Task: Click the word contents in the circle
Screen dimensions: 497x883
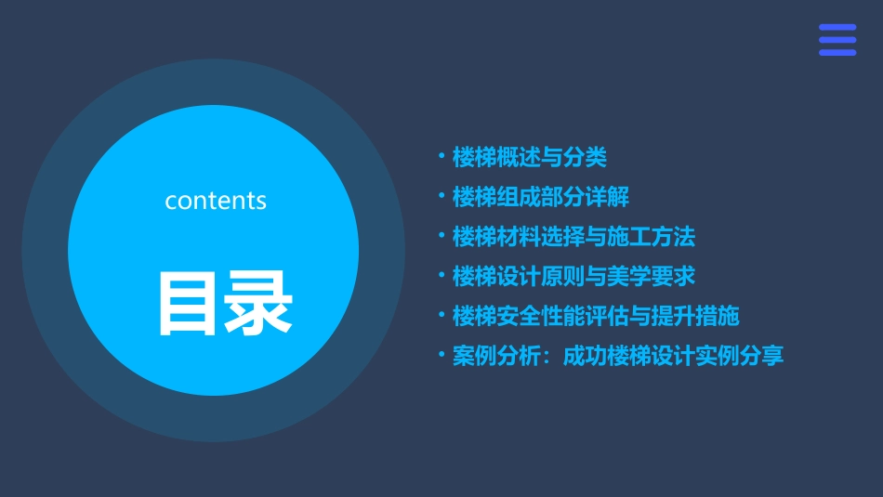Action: click(216, 201)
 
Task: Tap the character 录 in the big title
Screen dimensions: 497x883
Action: click(258, 303)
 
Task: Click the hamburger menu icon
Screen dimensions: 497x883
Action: click(837, 40)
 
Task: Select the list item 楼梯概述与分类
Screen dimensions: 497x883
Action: click(529, 158)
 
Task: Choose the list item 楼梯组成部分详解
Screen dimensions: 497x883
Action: click(541, 197)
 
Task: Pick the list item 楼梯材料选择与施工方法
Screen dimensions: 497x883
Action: click(573, 237)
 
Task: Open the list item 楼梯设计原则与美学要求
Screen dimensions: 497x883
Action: click(573, 276)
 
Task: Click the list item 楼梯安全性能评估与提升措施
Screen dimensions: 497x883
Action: click(596, 316)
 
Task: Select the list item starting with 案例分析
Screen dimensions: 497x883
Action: click(618, 356)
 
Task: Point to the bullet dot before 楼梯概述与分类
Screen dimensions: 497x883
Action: click(441, 157)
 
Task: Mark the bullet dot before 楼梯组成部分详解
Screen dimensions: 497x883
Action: click(441, 196)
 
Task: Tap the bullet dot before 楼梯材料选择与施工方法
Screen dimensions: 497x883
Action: click(441, 236)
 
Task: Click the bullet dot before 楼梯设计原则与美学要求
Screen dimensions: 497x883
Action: click(441, 275)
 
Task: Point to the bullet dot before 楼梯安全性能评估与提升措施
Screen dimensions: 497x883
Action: click(441, 315)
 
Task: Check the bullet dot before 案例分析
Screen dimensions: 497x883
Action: click(441, 355)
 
